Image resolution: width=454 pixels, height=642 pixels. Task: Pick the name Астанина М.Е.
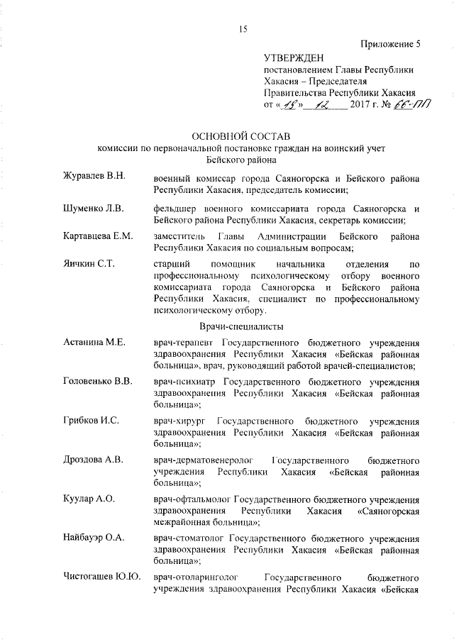click(x=94, y=343)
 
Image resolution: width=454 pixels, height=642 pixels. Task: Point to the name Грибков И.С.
click(x=90, y=420)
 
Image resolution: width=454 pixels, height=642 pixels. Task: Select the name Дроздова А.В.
click(x=94, y=460)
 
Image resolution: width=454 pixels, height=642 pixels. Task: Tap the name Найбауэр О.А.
click(x=94, y=537)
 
